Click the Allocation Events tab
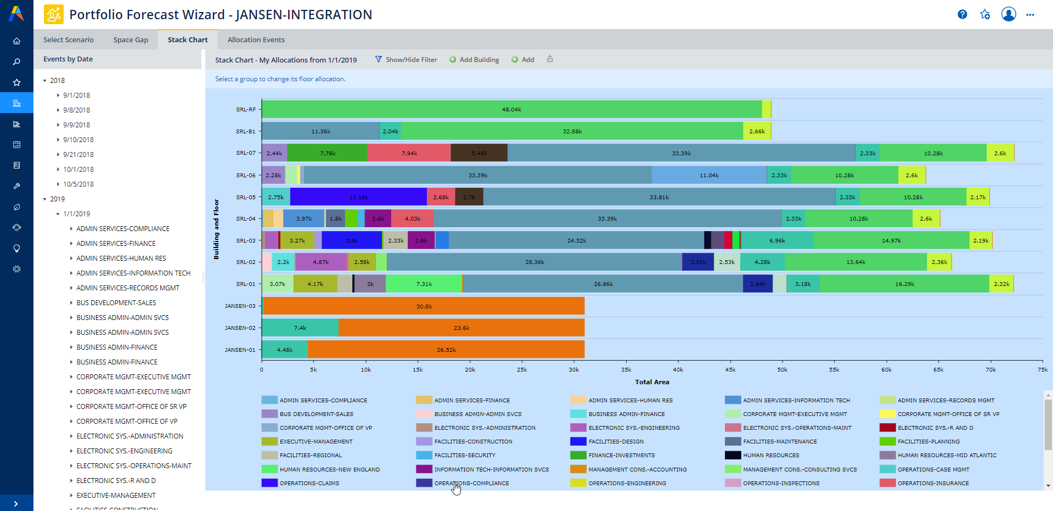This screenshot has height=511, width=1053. pos(256,40)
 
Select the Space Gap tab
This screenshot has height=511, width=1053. pos(131,40)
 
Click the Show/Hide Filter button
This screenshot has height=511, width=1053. pos(406,60)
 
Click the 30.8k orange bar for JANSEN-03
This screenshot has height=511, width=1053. pos(424,306)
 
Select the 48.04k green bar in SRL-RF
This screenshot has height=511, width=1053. pos(511,109)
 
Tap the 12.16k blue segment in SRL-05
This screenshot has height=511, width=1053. pos(358,197)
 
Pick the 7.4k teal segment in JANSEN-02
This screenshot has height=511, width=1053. pos(300,328)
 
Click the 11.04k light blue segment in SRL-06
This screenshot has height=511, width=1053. pos(709,175)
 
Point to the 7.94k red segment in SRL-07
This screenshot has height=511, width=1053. pos(409,153)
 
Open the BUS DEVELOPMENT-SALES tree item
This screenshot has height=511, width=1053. pos(116,302)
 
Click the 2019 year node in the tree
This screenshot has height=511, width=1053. pos(57,199)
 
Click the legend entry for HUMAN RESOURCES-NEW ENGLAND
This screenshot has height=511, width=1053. pos(329,469)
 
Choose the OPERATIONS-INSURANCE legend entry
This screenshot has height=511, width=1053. pos(933,483)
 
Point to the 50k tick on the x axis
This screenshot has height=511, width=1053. pos(782,369)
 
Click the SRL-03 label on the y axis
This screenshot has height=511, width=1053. pos(246,240)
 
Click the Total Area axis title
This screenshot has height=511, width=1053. pos(652,382)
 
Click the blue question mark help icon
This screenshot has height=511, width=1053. pos(962,15)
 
